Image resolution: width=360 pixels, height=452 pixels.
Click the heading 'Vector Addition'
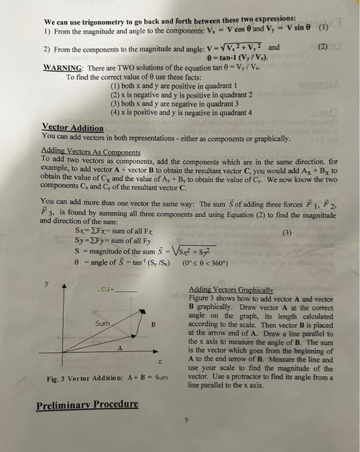coord(72,127)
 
